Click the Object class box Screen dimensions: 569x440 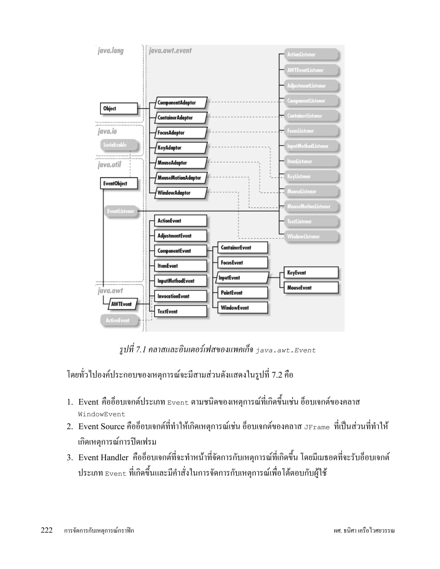coord(119,108)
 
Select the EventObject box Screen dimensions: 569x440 coord(119,183)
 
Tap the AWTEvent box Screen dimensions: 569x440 coord(122,304)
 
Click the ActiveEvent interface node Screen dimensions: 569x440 coord(119,320)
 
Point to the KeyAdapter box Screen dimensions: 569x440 coord(181,148)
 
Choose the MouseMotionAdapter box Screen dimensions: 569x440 coord(181,178)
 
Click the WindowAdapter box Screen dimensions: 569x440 coord(181,193)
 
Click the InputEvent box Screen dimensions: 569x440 coord(242,278)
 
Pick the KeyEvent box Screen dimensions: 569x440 coord(311,273)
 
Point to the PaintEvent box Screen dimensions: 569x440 coord(242,293)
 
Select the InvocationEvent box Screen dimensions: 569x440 coord(180,296)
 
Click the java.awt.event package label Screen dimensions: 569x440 coord(170,50)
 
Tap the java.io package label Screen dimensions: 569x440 coord(107,131)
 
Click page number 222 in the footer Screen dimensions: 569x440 coord(47,530)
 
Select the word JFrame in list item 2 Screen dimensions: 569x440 coord(317,428)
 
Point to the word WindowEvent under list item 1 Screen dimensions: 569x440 coord(102,414)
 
